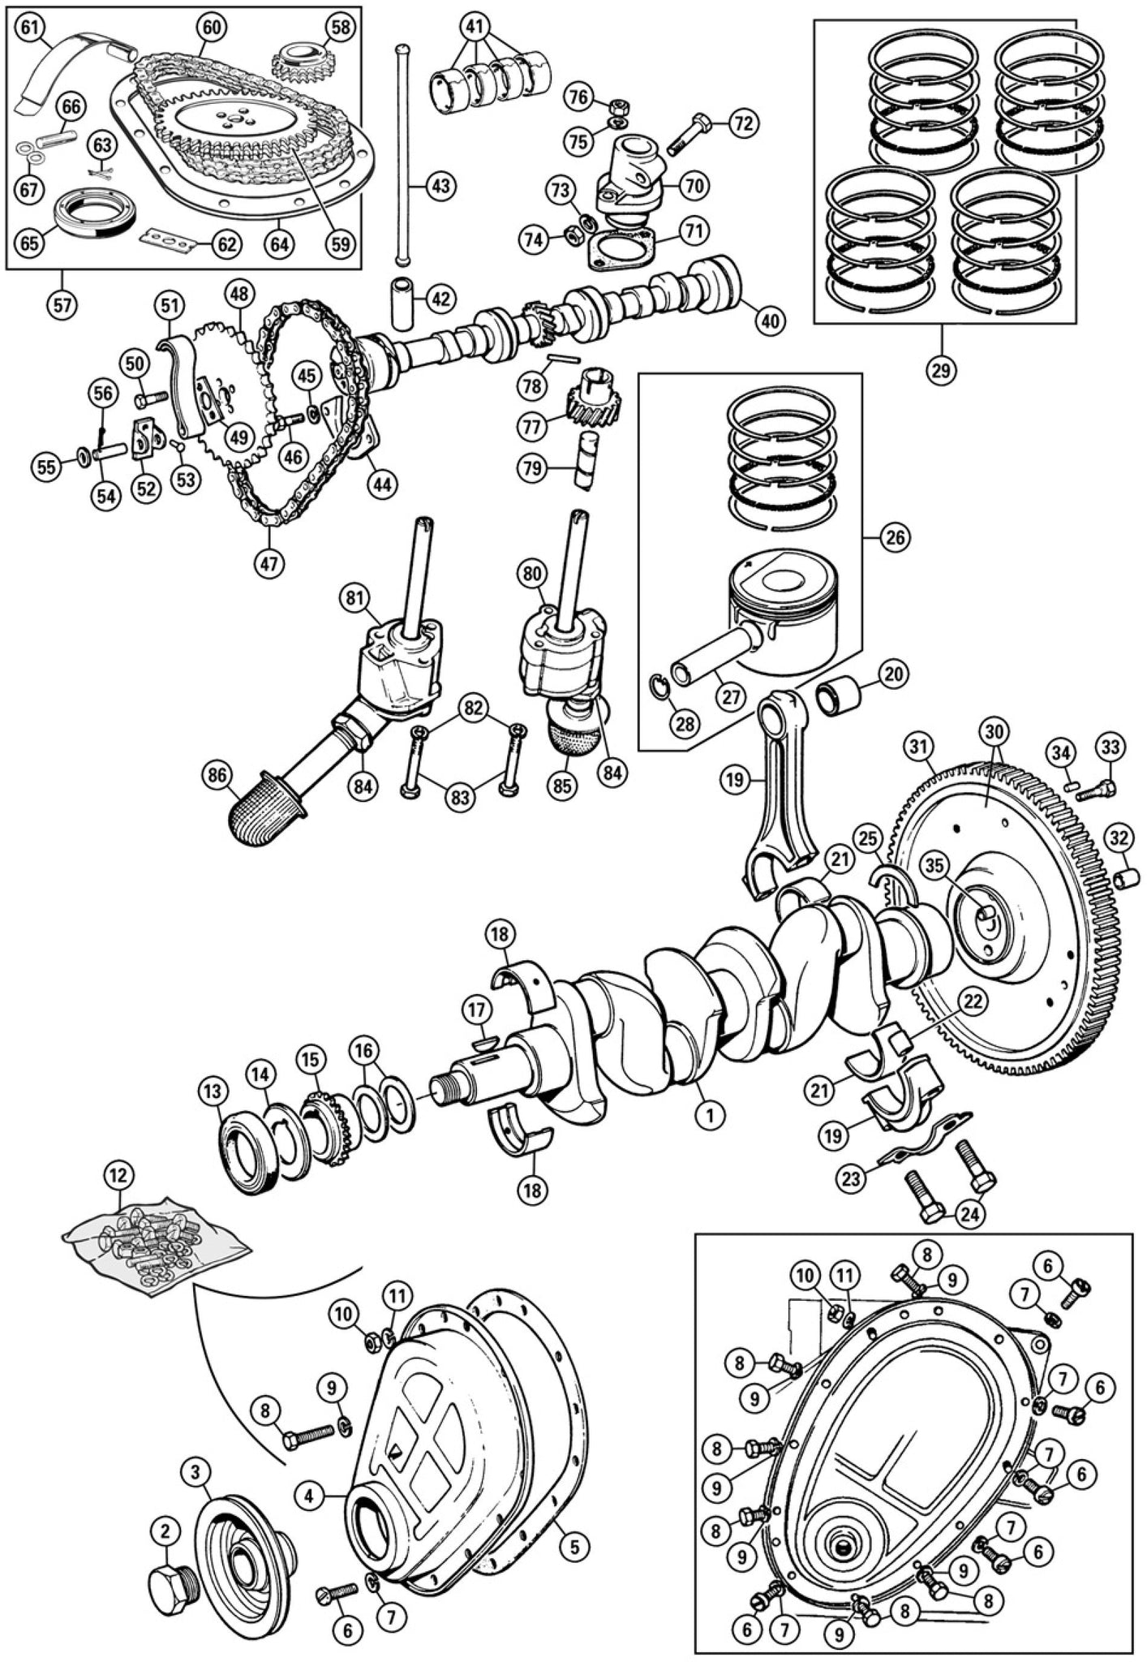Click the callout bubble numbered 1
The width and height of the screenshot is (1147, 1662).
pyautogui.click(x=709, y=1116)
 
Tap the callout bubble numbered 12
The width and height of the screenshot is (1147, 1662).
pyautogui.click(x=120, y=1174)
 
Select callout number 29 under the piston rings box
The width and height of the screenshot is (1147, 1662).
pyautogui.click(x=942, y=369)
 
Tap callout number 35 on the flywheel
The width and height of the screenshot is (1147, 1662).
pyautogui.click(x=934, y=866)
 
